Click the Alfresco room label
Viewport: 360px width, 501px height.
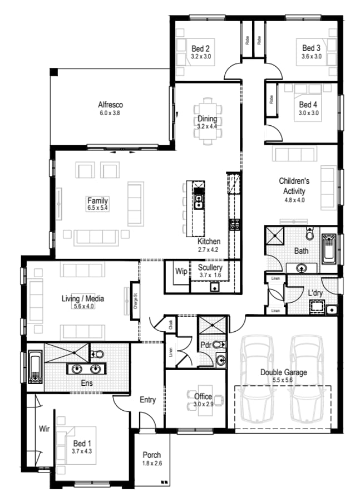tap(110, 105)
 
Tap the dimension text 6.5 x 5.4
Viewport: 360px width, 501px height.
tap(97, 208)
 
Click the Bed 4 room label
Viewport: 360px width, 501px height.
tap(308, 105)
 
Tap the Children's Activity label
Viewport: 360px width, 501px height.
tap(294, 186)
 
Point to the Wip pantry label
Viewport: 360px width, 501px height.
tap(181, 272)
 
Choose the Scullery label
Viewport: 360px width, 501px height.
tap(210, 268)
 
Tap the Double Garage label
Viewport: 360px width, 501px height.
tap(284, 372)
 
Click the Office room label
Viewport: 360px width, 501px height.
tap(203, 396)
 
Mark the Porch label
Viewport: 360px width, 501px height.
tap(152, 455)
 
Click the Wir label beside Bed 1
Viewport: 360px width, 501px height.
tap(45, 429)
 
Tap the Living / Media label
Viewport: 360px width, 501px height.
tap(82, 298)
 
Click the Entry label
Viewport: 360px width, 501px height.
tap(147, 400)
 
